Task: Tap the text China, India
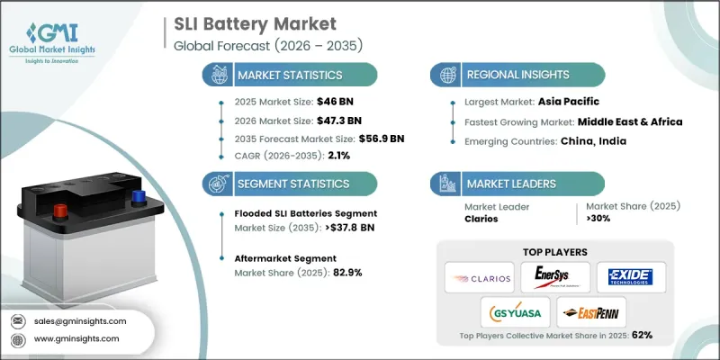tap(620, 140)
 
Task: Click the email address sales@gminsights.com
tap(82, 321)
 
